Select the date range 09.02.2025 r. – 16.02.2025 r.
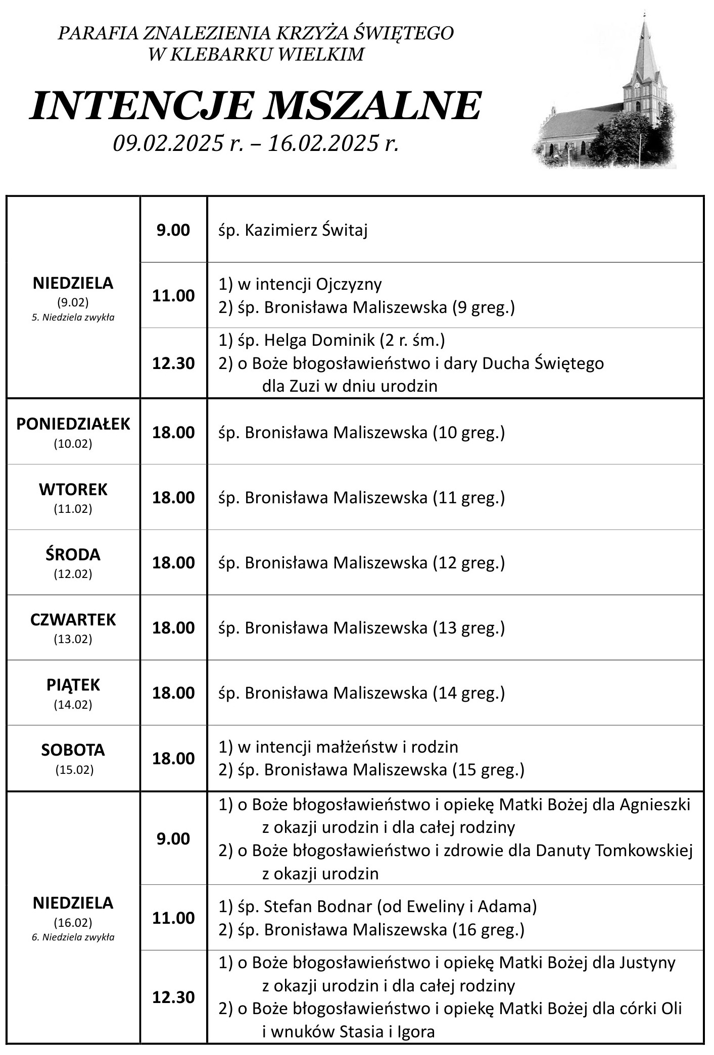[256, 144]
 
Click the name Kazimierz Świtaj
[306, 230]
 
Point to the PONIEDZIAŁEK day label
[73, 424]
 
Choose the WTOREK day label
[73, 489]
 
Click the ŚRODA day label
[73, 554]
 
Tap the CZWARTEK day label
[73, 619]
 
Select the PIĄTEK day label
[73, 684]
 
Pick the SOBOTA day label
[73, 750]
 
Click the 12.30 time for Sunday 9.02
[173, 363]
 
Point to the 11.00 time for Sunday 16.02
[173, 918]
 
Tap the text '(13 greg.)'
[469, 627]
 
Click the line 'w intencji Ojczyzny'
[309, 284]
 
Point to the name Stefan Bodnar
[318, 907]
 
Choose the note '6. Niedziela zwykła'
[73, 937]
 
